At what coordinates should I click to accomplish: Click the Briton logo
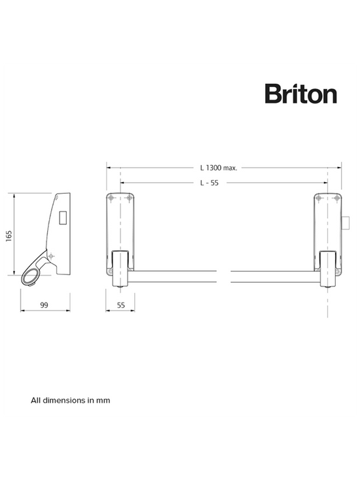[x=300, y=94]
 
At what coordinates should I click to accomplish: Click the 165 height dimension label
[x=9, y=235]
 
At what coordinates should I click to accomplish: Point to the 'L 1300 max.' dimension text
[x=218, y=168]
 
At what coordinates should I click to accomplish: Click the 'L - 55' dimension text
[x=210, y=183]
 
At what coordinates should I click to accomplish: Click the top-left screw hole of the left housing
[x=112, y=198]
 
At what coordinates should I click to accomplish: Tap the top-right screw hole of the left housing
[x=129, y=198]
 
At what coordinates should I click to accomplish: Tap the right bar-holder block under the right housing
[x=327, y=268]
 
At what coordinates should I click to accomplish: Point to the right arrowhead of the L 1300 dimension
[x=342, y=168]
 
